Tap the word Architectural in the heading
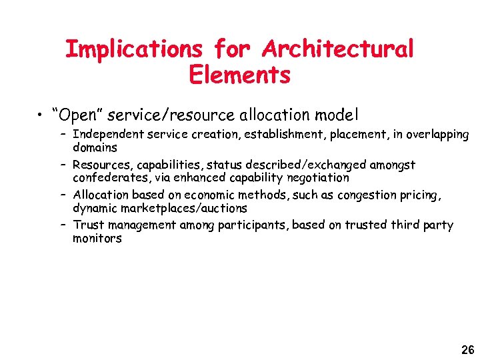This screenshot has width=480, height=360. pos(338,49)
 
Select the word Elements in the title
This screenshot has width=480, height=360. pos(240,75)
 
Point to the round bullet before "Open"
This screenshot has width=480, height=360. pos(41,115)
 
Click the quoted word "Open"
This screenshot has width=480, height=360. pos(77,115)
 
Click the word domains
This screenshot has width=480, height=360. pos(95,147)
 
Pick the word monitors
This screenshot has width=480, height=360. pos(97,238)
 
